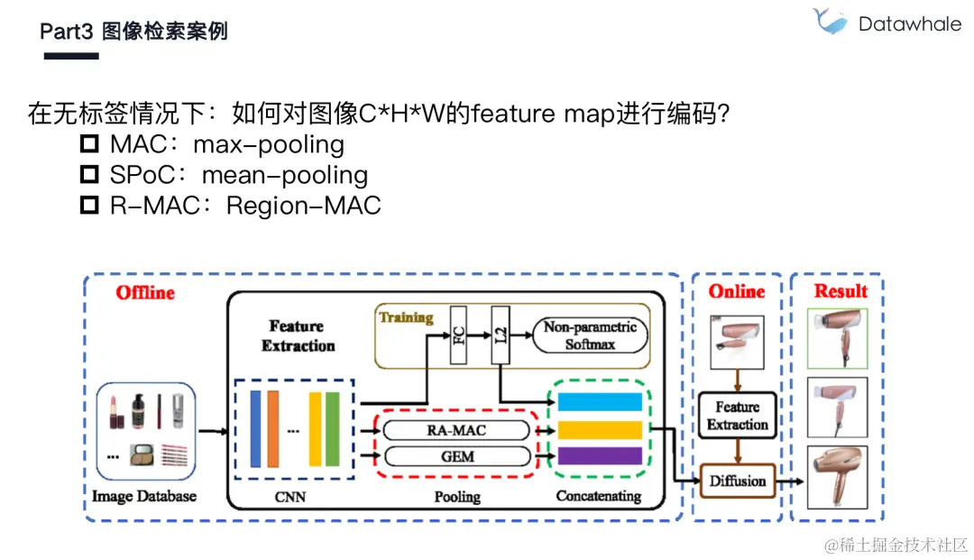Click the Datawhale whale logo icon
(x=829, y=21)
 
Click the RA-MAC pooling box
(x=456, y=430)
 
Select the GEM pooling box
(x=456, y=456)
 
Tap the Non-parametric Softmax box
(x=590, y=335)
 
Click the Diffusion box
(x=737, y=481)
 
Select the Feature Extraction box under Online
(x=737, y=416)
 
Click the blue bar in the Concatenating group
(x=600, y=401)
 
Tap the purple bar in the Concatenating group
(x=600, y=456)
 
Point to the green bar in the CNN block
(x=333, y=429)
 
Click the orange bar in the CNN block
(x=273, y=429)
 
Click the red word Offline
(x=145, y=293)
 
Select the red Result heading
(x=841, y=291)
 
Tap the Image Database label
(x=144, y=496)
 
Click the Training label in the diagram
(x=406, y=317)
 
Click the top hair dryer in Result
(x=838, y=337)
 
